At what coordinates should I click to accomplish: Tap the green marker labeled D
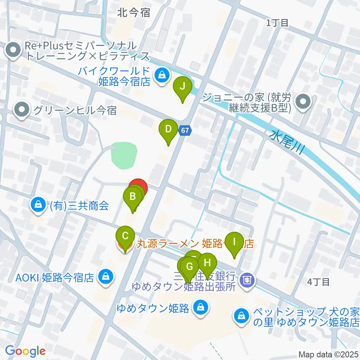pyautogui.click(x=168, y=130)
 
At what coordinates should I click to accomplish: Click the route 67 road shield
pyautogui.click(x=185, y=130)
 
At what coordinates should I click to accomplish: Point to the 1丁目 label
pyautogui.click(x=277, y=23)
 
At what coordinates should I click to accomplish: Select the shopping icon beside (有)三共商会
pyautogui.click(x=38, y=205)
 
